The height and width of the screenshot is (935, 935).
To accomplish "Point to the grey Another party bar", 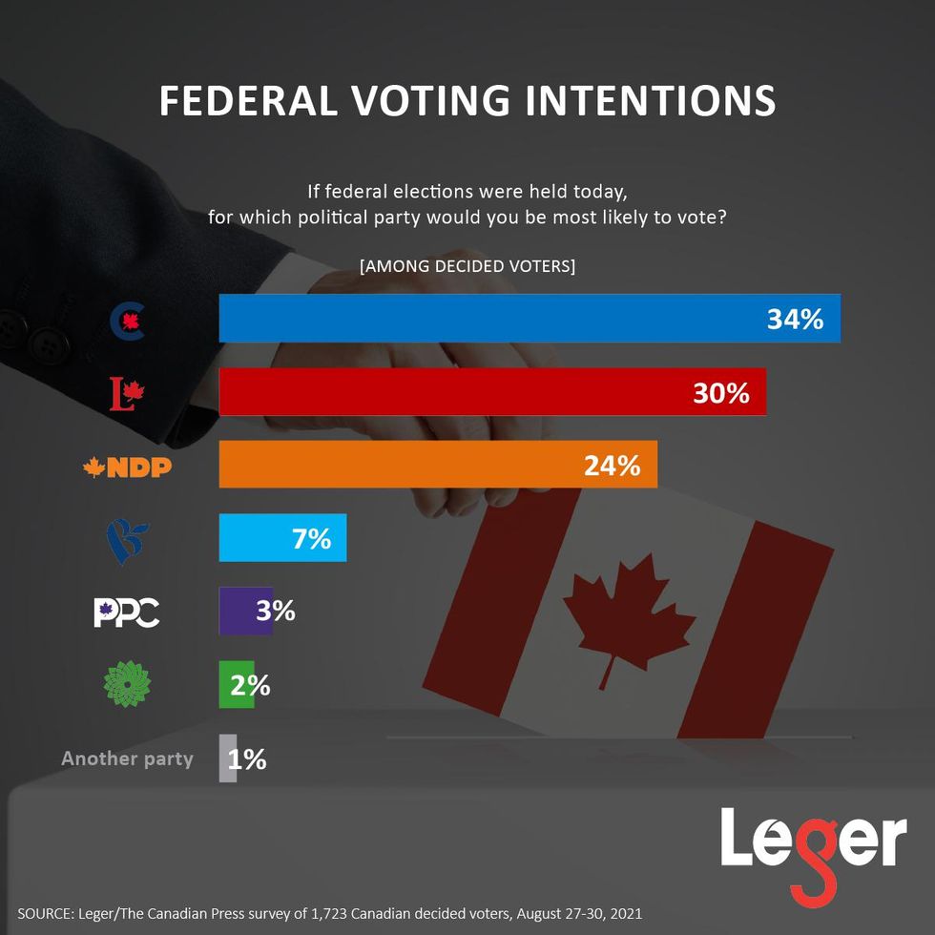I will [227, 758].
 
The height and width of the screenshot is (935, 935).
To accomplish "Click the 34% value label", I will [795, 319].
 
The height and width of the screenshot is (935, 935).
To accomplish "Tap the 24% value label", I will [612, 466].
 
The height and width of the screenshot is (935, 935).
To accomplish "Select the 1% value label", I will [247, 759].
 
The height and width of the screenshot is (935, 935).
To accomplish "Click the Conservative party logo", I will [128, 322].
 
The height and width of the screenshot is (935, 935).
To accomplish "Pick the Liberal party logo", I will [126, 393].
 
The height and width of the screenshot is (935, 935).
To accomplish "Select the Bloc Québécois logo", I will [126, 540].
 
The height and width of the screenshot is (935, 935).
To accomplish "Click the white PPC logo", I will [126, 613].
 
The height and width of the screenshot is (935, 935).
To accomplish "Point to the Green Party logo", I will [126, 684].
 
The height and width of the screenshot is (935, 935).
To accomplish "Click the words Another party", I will [127, 759].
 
